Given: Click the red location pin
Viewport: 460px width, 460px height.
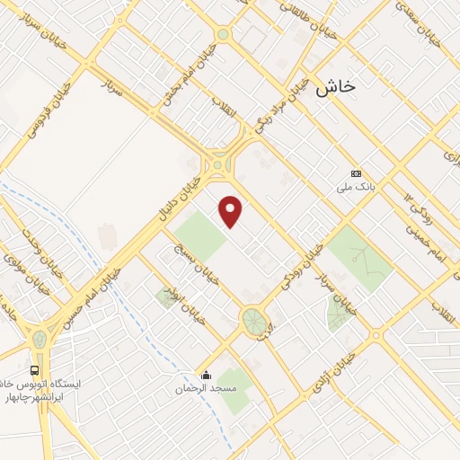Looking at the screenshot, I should [231, 212].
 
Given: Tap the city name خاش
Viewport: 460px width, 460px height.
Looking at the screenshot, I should [336, 86].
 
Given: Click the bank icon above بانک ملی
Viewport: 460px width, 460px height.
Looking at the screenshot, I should [357, 173].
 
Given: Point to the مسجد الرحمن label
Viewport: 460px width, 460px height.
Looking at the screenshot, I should [205, 389].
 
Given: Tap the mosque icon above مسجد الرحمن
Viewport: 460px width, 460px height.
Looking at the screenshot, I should [206, 376].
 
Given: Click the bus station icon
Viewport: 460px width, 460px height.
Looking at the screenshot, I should [35, 369].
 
